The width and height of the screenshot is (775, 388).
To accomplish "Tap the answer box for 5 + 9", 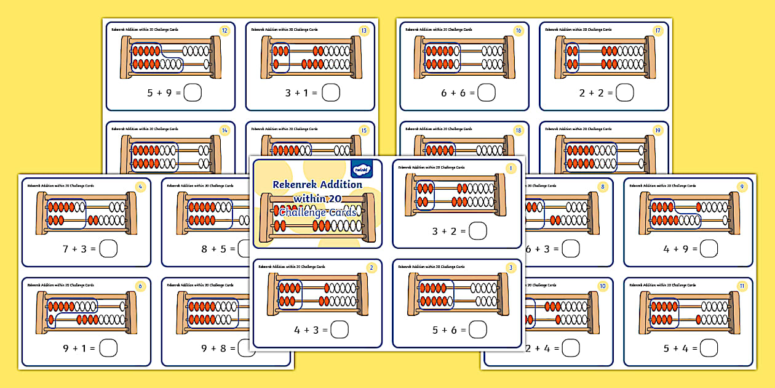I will [193, 93].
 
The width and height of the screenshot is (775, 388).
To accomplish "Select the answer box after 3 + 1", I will [331, 93].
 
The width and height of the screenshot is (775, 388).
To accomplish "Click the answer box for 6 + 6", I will [487, 93].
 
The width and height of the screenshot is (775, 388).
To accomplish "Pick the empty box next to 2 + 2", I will [625, 93].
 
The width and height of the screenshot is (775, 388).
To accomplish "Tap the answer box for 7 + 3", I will [108, 249].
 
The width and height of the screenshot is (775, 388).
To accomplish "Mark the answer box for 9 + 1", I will [108, 348].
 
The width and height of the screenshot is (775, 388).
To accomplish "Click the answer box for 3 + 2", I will [478, 231].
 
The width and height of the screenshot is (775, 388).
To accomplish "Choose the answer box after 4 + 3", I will [340, 330].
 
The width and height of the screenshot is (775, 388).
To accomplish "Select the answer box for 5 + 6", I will [478, 330].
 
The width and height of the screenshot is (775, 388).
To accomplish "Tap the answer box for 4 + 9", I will [709, 249].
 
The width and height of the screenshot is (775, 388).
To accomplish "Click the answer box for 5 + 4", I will [709, 348].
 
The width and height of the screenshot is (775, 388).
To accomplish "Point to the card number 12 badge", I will [225, 30].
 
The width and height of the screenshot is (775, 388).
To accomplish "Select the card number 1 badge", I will [509, 168].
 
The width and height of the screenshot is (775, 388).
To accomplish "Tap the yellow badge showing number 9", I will [742, 186].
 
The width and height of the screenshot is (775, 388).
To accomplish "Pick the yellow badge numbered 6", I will [141, 286].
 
